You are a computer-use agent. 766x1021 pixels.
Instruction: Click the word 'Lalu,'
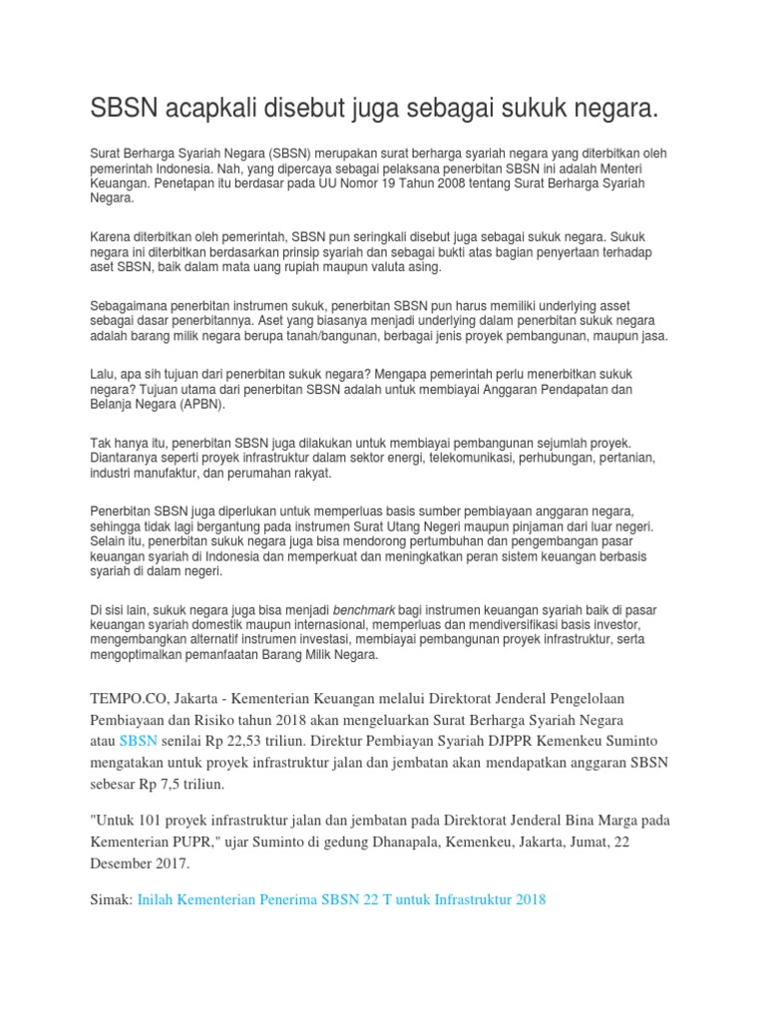[x=103, y=372]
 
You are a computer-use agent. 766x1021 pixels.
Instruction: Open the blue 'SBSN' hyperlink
[x=138, y=741]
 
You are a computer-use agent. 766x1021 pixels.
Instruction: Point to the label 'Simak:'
[x=111, y=899]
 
